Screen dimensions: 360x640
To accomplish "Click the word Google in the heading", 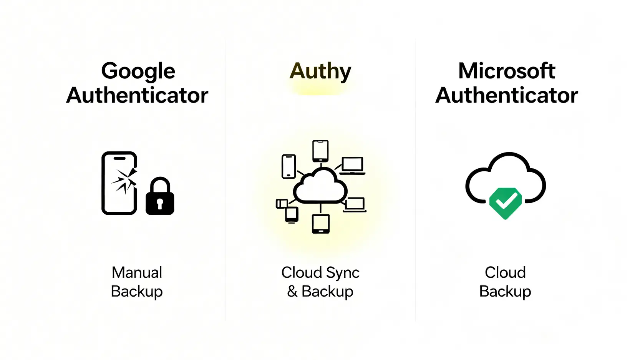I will point(138,71).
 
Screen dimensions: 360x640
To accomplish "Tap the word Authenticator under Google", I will point(137,95).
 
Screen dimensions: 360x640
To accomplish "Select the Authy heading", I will point(320,71).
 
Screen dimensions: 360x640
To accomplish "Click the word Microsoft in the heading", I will point(506,71).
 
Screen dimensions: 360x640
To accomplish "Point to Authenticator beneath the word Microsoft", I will point(506,95).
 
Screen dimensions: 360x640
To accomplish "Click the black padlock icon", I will point(160,196).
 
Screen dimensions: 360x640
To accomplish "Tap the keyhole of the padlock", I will point(160,203).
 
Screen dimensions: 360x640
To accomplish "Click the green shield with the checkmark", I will point(505,203).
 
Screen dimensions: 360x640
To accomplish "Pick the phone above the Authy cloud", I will point(320,151).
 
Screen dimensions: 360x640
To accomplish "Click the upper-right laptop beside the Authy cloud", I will point(352,166).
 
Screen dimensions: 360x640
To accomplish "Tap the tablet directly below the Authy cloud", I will point(320,224).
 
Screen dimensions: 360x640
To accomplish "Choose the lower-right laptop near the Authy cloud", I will point(355,205).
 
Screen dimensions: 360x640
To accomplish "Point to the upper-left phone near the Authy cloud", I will point(289,166).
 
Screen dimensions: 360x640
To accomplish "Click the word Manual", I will point(137,272).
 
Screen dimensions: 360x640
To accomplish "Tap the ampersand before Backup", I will point(292,291).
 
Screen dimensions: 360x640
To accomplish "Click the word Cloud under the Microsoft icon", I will point(505,272).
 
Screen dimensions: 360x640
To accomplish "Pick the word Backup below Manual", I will point(137,292).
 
